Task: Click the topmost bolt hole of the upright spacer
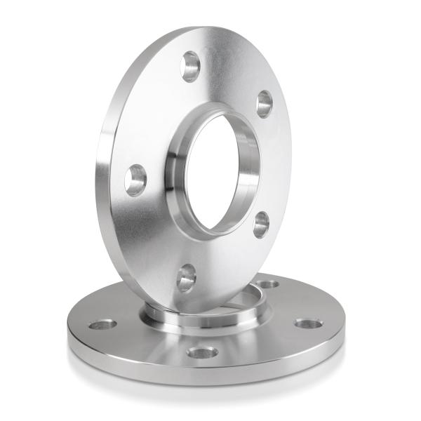(190, 66)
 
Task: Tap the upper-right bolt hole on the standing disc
(265, 104)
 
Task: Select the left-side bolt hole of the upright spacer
(135, 180)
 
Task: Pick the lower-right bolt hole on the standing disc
(261, 224)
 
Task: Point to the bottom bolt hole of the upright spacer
(187, 278)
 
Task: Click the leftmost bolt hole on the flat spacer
(103, 325)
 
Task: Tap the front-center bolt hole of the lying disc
(203, 352)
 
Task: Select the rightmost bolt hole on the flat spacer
(308, 324)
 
